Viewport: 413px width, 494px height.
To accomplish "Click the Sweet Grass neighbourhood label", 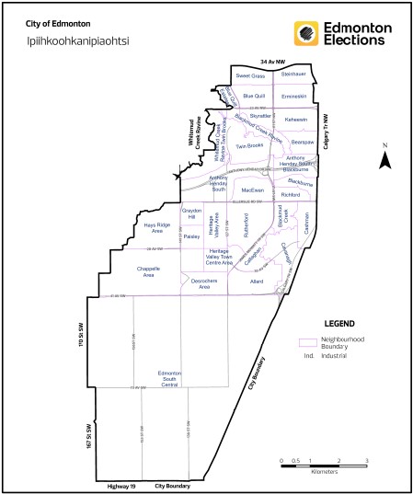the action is pos(250,75).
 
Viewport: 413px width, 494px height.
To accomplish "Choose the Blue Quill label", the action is pos(254,96).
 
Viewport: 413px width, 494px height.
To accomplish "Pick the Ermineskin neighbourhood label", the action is pos(293,96).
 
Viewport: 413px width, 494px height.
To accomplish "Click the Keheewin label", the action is pos(296,120).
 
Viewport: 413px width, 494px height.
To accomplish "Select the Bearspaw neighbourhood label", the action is pos(304,143).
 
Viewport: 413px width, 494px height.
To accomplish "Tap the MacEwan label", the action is pos(252,190).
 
